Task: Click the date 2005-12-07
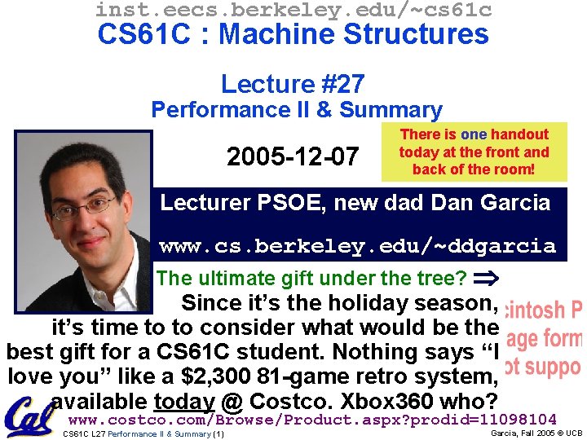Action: [x=292, y=156]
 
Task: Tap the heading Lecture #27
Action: [x=293, y=84]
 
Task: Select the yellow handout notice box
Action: [x=474, y=152]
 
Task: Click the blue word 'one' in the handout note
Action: [x=474, y=134]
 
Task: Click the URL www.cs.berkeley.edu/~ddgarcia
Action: [x=357, y=245]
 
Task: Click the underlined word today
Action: [x=183, y=402]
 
